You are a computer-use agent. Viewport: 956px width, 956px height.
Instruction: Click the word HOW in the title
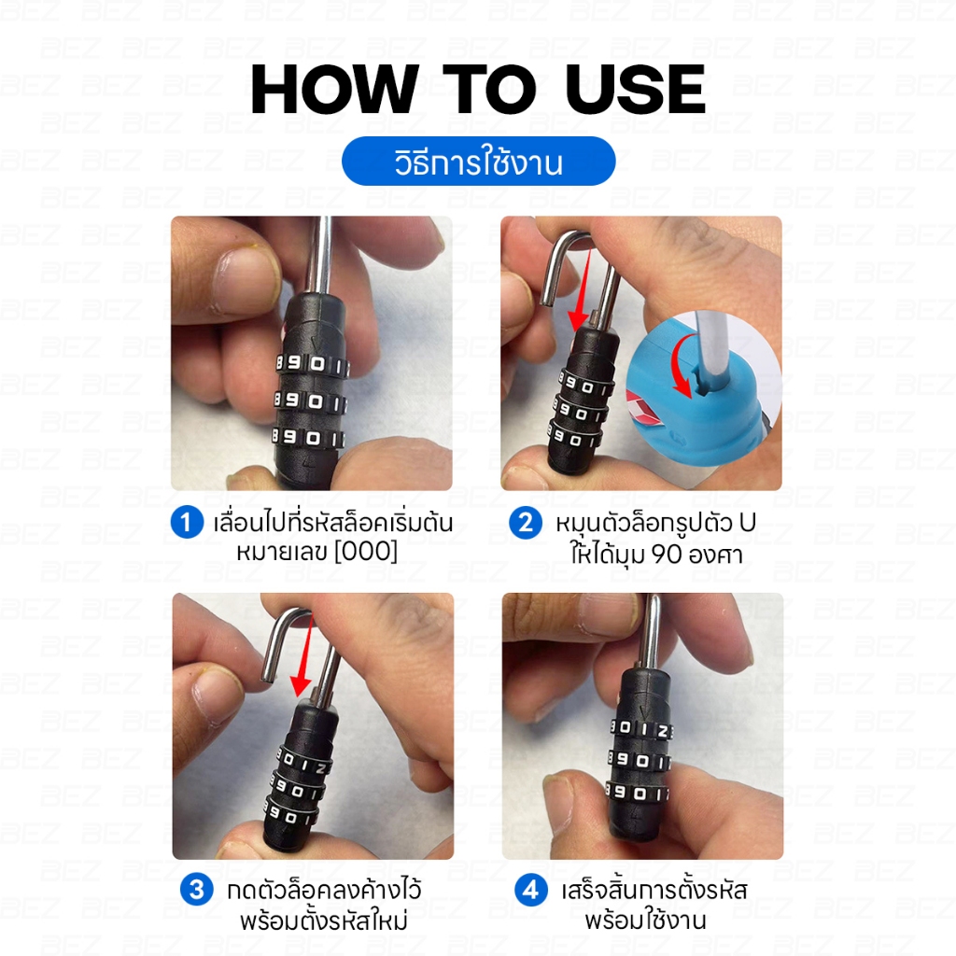click(334, 90)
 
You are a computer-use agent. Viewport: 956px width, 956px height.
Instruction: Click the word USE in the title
click(636, 90)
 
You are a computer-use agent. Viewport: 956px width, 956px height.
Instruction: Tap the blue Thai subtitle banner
click(479, 161)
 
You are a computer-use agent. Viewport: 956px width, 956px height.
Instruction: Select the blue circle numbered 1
click(187, 522)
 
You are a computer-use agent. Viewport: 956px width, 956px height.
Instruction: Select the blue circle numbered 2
click(526, 523)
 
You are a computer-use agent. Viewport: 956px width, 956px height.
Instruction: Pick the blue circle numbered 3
click(196, 890)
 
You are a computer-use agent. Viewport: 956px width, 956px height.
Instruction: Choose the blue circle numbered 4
click(530, 890)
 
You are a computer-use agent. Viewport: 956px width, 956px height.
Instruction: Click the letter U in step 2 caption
click(747, 523)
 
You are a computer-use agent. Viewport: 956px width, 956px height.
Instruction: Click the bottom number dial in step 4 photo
click(638, 793)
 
